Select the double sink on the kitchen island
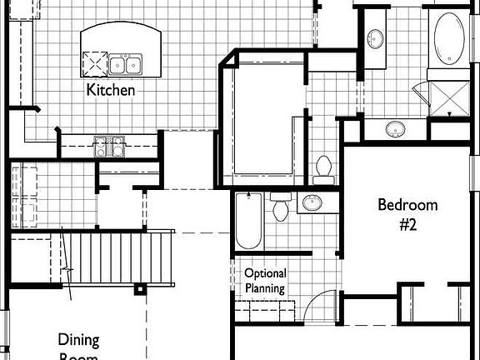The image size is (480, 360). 126,64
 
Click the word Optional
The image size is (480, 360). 265,273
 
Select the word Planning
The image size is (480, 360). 265,288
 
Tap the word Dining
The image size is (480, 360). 78,339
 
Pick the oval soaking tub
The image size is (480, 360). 450,37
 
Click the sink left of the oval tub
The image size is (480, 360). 377,38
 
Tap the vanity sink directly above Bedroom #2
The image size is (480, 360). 397,129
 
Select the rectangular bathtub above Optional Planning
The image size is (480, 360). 248,220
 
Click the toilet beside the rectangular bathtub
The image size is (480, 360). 279,207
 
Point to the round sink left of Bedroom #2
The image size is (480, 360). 312,203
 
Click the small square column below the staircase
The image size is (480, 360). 140,289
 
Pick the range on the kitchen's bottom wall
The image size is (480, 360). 105,147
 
